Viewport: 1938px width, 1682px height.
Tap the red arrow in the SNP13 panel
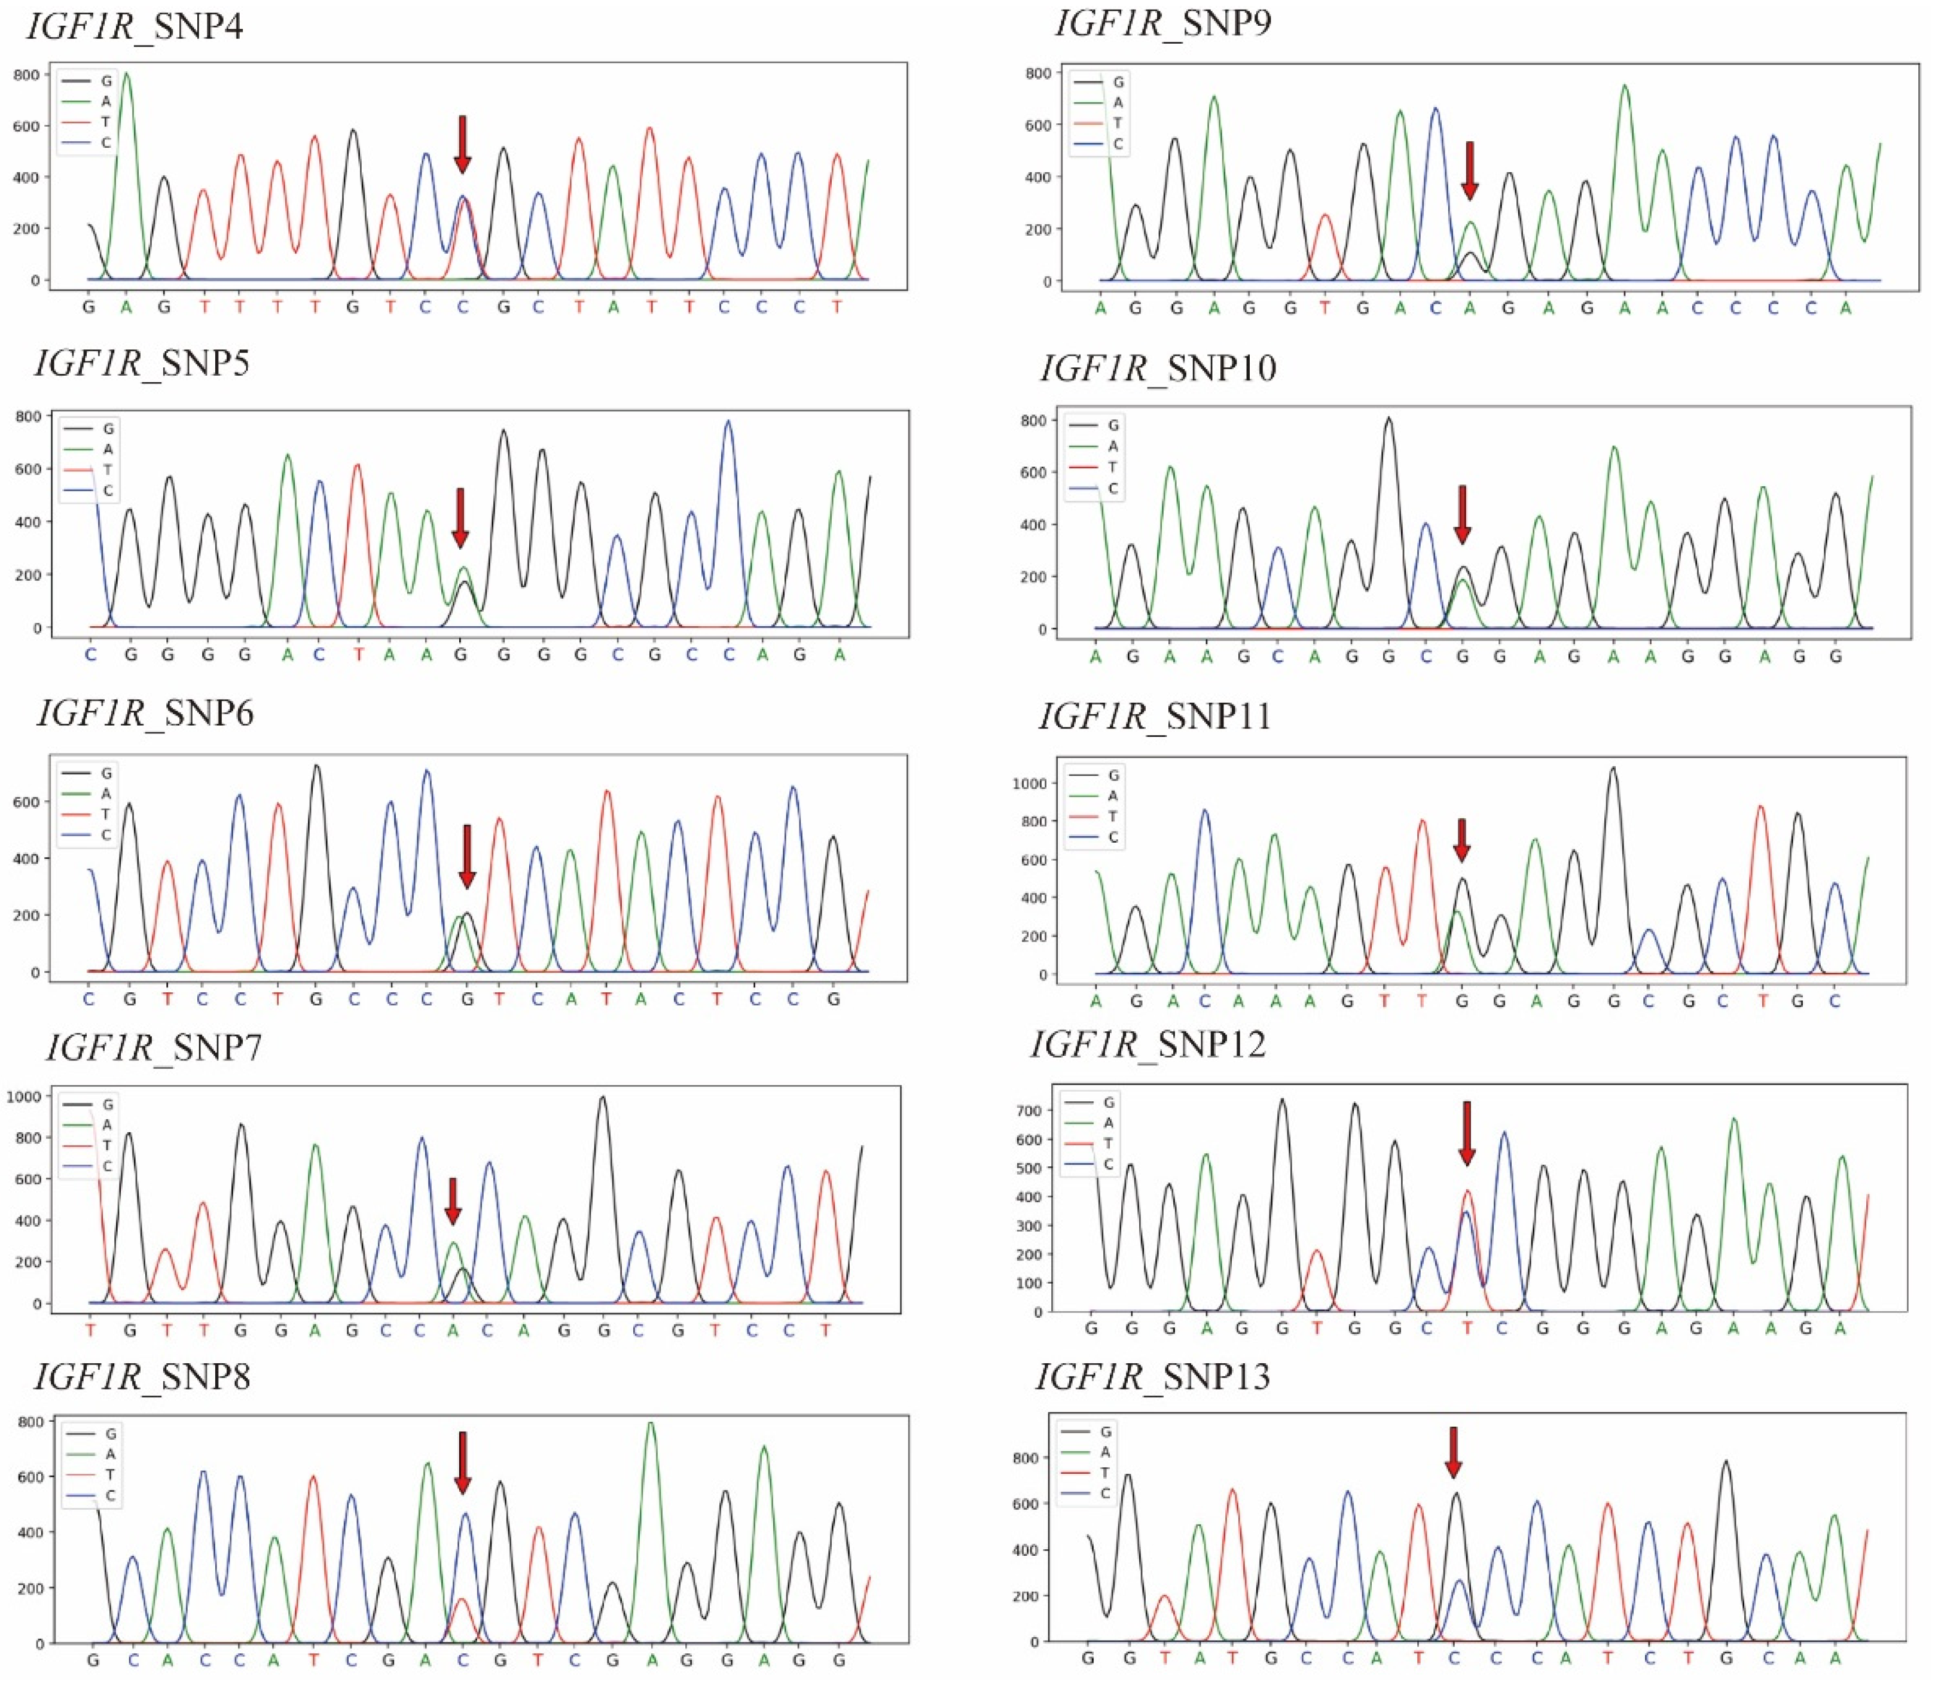pyautogui.click(x=1453, y=1452)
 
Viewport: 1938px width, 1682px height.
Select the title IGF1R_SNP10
pyautogui.click(x=1158, y=368)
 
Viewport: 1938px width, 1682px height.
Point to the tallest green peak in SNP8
pyautogui.click(x=651, y=1423)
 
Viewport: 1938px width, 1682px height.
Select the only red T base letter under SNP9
pyautogui.click(x=1325, y=309)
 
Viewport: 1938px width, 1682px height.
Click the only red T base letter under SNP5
pyautogui.click(x=358, y=655)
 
